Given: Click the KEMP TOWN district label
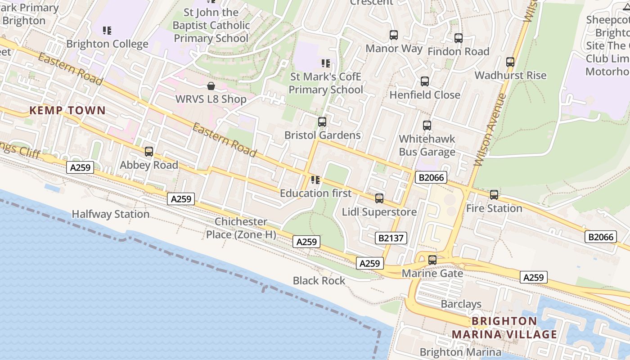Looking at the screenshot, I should coord(67,110).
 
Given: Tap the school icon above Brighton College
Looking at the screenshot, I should coord(107,31).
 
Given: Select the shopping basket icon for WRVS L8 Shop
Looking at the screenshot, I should coord(211,85).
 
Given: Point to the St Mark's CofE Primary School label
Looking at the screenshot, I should coord(325,83).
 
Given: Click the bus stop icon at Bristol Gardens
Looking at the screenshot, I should coord(322,121).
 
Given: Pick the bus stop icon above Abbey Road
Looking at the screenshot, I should coord(149,152).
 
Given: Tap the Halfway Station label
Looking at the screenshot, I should coord(111,214).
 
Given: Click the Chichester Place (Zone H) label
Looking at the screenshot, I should coord(241,228).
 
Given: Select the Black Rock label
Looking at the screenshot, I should coord(319,281).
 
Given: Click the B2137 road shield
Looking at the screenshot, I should coord(391,238).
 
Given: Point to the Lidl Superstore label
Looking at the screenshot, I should coord(379,212).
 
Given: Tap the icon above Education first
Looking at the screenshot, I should coord(315,180).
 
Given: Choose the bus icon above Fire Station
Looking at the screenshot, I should coord(494,195).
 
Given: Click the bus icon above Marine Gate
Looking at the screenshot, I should coord(432,260).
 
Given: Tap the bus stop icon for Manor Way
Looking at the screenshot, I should coord(394,35).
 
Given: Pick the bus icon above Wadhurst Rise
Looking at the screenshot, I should coord(510,62).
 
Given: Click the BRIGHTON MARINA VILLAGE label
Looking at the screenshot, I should coord(504,328).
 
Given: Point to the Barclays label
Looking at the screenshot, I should coord(461,304).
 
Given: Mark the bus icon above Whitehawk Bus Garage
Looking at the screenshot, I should coord(427,126).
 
